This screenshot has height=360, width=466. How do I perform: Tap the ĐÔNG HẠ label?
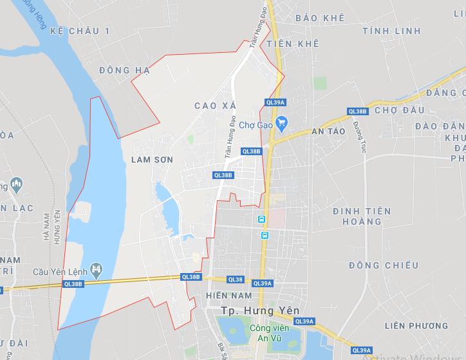click(125, 70)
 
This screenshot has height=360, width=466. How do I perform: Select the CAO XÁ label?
click(215, 105)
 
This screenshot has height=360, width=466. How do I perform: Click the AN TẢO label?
click(328, 131)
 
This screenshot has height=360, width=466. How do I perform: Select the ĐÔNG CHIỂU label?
click(384, 265)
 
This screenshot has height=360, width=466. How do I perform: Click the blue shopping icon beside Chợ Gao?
click(281, 122)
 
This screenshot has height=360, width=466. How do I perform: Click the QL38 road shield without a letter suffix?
click(236, 279)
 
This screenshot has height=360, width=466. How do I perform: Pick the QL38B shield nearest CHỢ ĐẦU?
click(357, 111)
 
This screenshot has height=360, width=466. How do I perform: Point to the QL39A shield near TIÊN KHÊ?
click(275, 102)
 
